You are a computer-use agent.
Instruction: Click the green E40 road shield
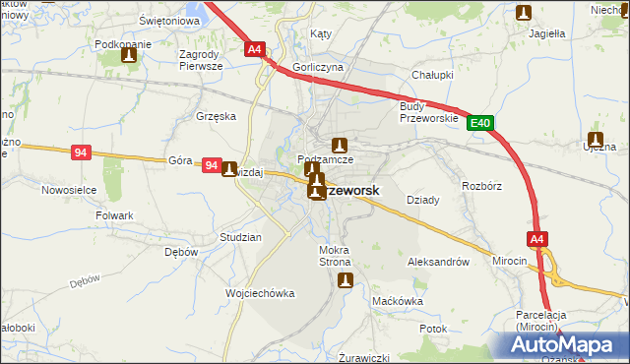(480, 123)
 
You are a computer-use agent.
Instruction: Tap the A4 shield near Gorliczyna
(254, 48)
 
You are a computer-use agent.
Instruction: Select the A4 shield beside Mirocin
(536, 239)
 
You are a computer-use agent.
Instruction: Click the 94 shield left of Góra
(82, 152)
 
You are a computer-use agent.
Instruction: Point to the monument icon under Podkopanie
(128, 56)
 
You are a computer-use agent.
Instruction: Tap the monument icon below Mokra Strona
(345, 280)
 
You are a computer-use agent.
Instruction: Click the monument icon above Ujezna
(596, 139)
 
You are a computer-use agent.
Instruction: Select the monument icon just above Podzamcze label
(340, 145)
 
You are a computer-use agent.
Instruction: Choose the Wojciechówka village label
(261, 293)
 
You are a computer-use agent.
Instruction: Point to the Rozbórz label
(482, 184)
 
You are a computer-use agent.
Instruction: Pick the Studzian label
(240, 238)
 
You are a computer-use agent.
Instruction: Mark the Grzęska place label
(217, 115)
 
